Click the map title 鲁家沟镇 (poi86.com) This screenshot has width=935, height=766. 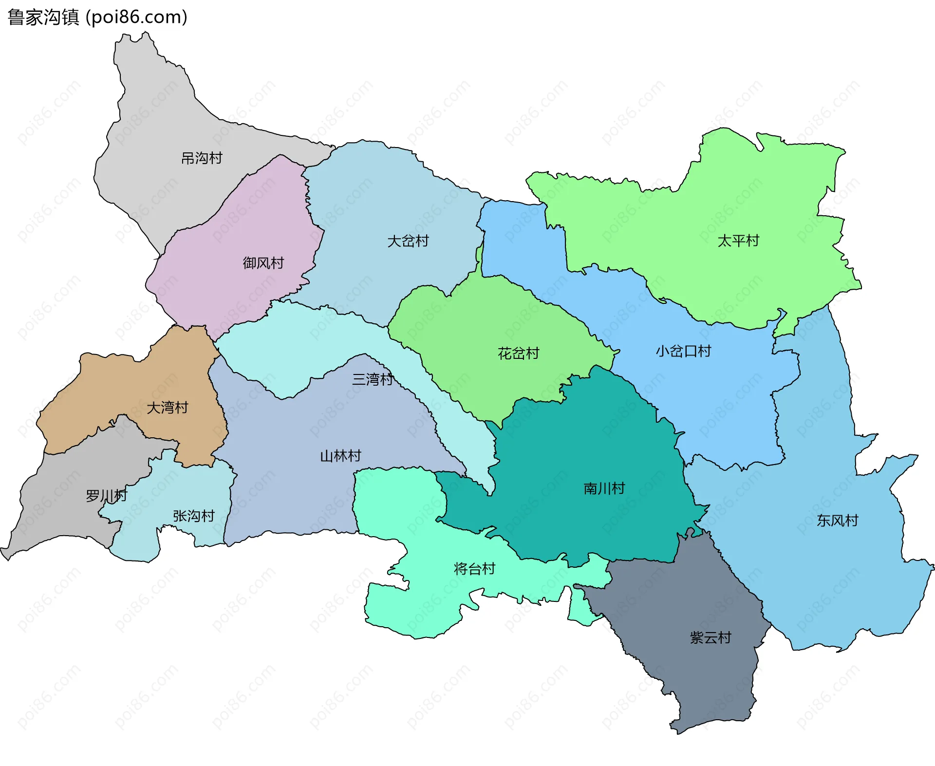tap(97, 18)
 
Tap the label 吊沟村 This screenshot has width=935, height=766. tap(202, 158)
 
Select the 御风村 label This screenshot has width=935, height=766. tap(263, 263)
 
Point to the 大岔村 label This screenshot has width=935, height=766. tap(408, 241)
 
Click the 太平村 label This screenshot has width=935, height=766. tap(738, 241)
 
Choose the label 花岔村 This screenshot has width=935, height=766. tap(519, 354)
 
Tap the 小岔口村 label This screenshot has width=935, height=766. tap(683, 351)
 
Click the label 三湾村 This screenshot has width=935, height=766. tap(373, 379)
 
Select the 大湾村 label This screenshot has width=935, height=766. tap(168, 408)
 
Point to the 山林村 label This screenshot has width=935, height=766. tap(340, 456)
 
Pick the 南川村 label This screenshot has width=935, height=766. tap(604, 488)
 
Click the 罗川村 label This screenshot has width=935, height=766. tap(106, 496)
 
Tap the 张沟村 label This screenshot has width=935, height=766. tap(194, 516)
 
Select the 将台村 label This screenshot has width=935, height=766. tap(474, 569)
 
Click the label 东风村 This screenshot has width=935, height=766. tap(838, 521)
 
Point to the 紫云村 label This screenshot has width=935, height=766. tap(711, 638)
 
